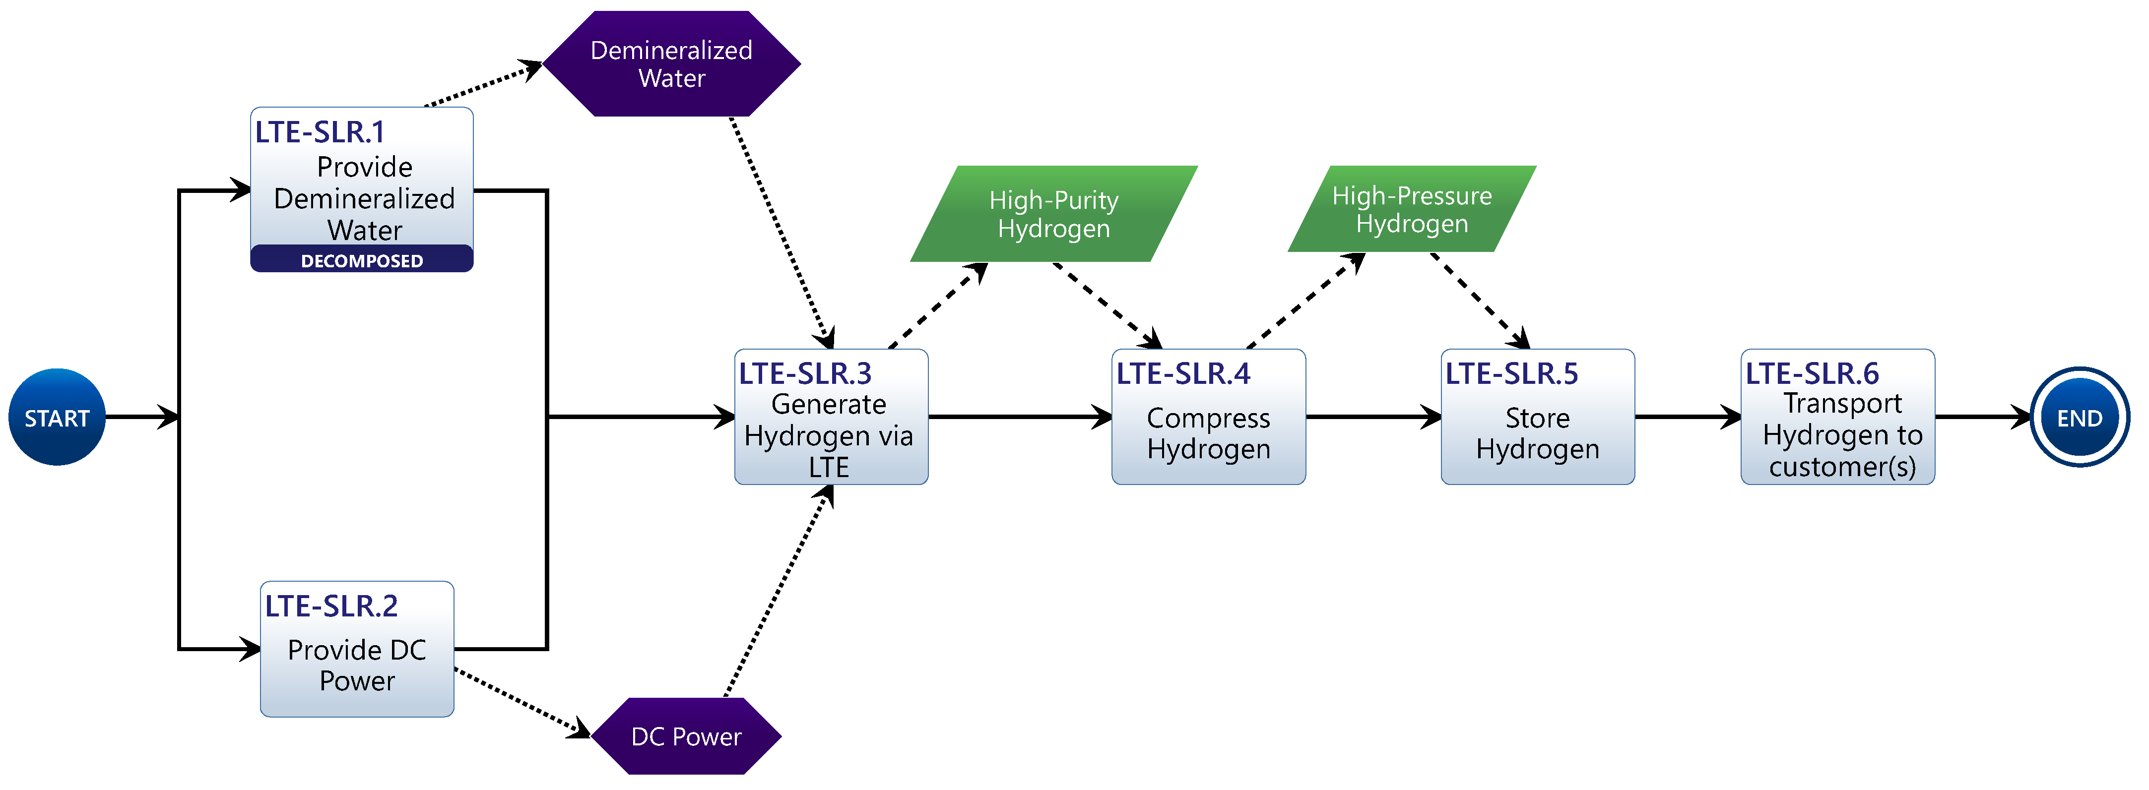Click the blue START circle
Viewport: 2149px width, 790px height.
pos(57,417)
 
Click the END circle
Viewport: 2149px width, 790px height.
pos(2080,417)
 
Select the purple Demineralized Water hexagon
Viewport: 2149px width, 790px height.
pos(671,63)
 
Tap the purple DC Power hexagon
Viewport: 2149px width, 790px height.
pos(686,736)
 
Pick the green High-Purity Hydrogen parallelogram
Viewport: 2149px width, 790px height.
pos(1053,214)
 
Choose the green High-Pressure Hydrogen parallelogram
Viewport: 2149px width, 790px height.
pos(1412,209)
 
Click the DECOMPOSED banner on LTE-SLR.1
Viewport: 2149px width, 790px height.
pos(362,259)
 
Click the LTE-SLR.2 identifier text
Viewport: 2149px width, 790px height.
pos(331,606)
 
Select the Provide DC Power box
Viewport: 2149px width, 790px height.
pos(357,649)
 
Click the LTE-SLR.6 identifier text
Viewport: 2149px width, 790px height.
pos(1812,373)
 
